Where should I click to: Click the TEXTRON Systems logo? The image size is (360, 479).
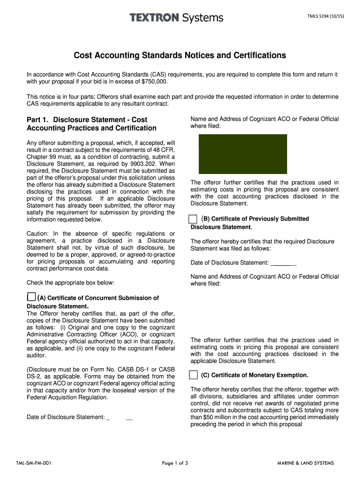pos(176,18)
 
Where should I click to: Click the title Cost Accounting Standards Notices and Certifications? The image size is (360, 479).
pos(180,56)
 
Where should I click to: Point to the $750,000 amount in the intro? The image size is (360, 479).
pos(154,82)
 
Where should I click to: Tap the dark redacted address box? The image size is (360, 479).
pos(243,154)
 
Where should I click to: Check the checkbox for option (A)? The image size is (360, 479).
pos(31,297)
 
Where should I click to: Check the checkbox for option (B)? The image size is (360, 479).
pos(193,219)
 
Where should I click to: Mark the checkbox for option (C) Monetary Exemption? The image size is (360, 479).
pos(194,375)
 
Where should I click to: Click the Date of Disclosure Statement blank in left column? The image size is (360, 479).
pos(120,417)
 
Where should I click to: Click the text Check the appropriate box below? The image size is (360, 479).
pos(71,283)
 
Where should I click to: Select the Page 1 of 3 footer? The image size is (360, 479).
pos(175,463)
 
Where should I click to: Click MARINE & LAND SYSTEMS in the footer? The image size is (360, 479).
pos(305,463)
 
